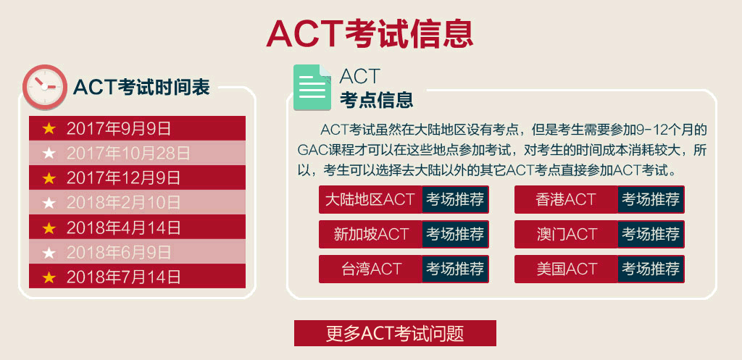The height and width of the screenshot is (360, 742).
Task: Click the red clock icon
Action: [45, 87]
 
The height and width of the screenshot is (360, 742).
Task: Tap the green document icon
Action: [312, 88]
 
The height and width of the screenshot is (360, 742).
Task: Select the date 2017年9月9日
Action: [118, 128]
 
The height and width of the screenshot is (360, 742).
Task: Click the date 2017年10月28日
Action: [128, 153]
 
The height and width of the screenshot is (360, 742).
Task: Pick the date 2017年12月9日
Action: [123, 178]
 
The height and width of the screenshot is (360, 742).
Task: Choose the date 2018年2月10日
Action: [123, 203]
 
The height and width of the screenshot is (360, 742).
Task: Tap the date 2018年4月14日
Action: [123, 227]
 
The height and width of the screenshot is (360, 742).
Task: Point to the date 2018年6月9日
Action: [118, 252]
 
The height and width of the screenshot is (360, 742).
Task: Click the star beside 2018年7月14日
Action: [49, 277]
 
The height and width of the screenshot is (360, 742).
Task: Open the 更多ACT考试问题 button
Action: [395, 333]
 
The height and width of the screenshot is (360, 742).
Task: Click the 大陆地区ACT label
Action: [370, 199]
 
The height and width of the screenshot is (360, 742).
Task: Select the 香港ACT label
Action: [565, 199]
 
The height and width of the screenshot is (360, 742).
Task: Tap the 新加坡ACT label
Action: [370, 234]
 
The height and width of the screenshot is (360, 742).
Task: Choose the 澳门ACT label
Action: [567, 234]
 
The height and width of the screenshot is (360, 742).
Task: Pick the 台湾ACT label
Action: [370, 269]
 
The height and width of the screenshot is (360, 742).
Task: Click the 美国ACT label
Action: [567, 269]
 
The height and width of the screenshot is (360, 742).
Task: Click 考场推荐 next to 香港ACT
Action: [651, 199]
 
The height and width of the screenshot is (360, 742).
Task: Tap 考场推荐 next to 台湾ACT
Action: [455, 269]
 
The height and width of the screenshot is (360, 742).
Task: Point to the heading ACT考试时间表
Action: [141, 88]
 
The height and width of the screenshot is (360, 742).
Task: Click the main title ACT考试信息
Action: [370, 33]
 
